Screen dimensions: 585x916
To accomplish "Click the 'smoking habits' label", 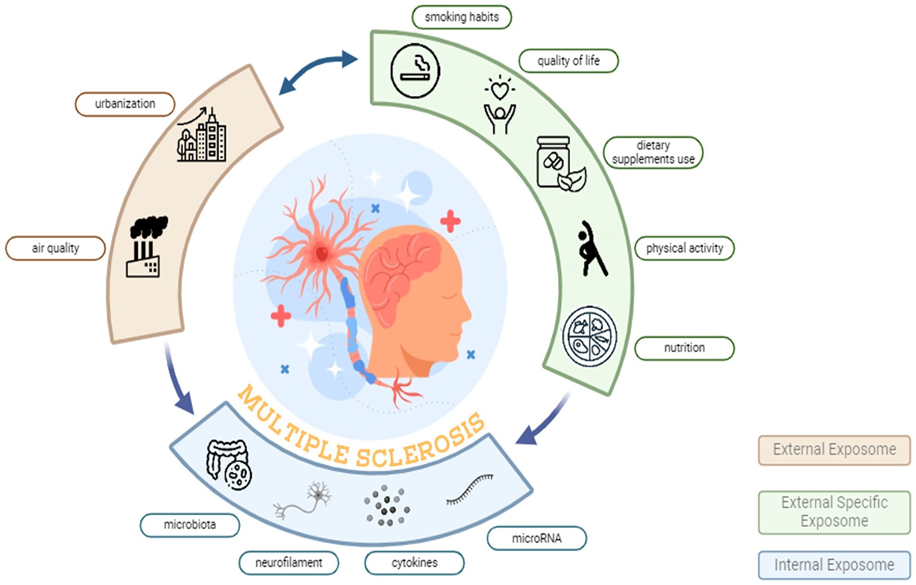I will [x=461, y=17].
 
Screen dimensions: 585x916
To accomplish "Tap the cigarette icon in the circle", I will [x=415, y=71].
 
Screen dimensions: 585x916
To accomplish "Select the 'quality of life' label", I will [x=568, y=61].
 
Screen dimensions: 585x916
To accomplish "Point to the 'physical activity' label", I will [x=684, y=248].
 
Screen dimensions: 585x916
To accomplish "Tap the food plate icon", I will [x=590, y=336].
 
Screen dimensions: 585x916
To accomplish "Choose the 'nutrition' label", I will [x=684, y=348].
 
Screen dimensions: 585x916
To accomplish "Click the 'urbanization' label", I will [x=125, y=104].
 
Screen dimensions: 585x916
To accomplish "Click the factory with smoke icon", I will [x=146, y=247].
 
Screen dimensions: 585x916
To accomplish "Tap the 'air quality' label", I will [x=55, y=248].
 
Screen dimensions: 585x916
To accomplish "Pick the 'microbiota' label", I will [x=189, y=525].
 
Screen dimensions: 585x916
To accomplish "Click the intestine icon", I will [x=228, y=465].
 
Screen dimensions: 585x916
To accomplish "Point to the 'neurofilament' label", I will [x=289, y=563].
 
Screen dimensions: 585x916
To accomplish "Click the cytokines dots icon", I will [x=386, y=505].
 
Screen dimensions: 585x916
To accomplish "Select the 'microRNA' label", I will [x=536, y=538].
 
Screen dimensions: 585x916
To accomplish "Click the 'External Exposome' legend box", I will [x=834, y=450].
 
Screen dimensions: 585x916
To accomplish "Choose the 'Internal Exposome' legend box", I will [x=834, y=565].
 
